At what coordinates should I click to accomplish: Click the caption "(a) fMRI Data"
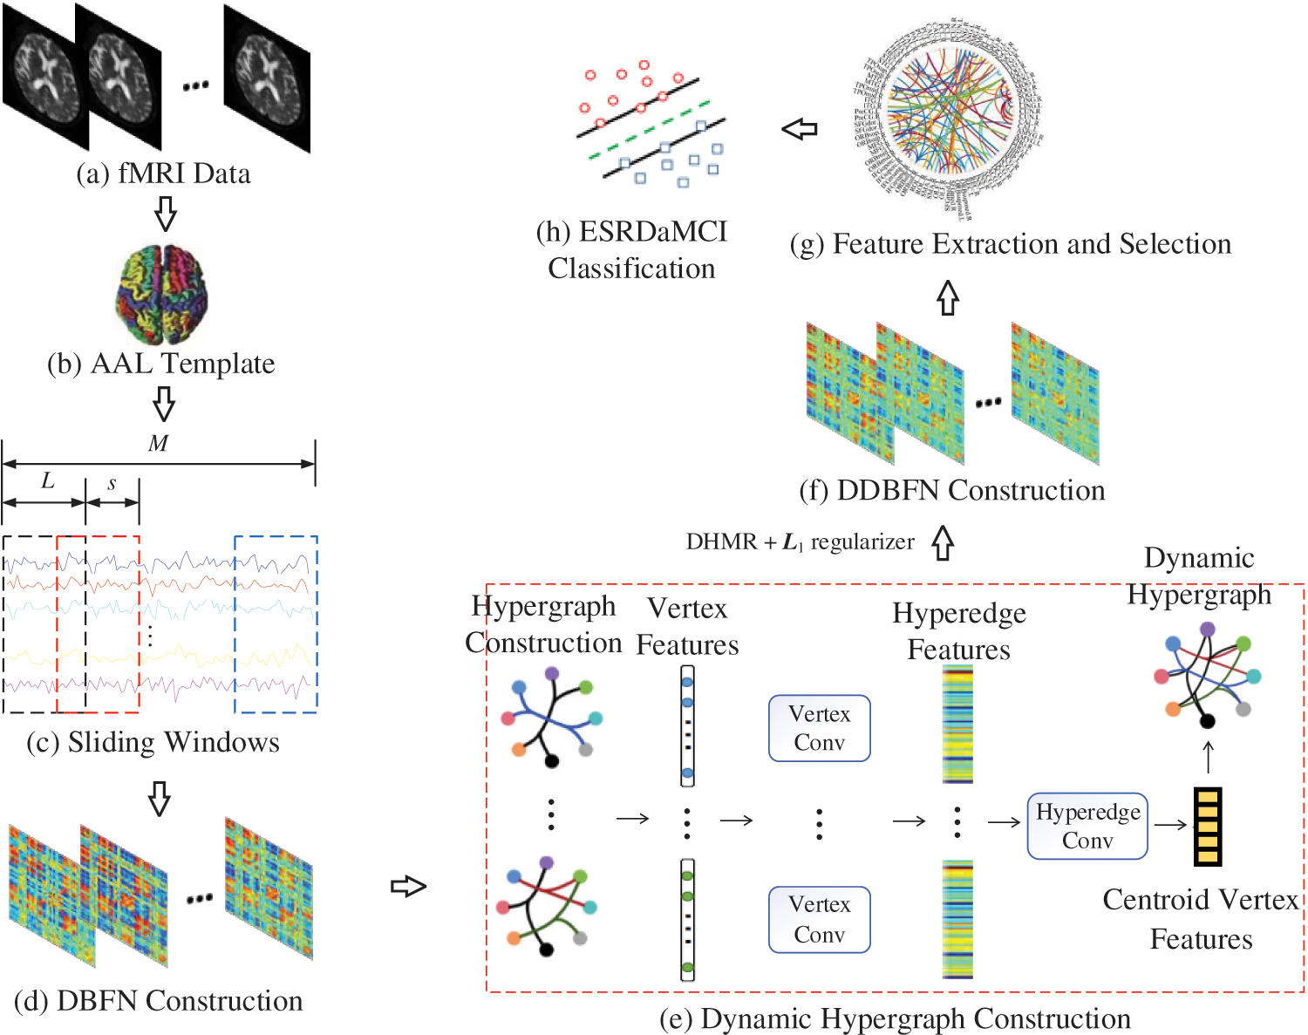coord(163,174)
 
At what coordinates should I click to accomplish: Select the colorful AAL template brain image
coord(162,295)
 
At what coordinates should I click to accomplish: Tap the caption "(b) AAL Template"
coord(161,364)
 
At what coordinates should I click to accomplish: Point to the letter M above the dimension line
coord(158,444)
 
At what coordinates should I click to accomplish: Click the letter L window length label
coord(48,480)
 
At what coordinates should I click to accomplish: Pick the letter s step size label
coord(112,483)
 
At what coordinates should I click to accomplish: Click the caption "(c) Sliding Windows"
coord(153,742)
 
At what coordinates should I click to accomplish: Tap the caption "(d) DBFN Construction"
coord(159,1000)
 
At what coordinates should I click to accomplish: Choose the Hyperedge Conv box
coord(1087,826)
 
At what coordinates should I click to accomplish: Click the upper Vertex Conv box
coord(819,728)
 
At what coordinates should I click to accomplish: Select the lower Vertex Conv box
coord(819,920)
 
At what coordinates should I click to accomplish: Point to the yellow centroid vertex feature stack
coord(1207,826)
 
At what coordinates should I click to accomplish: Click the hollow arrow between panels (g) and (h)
coord(800,130)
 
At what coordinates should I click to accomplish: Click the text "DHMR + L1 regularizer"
coord(800,542)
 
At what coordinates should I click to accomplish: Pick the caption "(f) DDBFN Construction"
coord(952,490)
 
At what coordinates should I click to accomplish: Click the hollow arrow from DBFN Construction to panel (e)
coord(408,887)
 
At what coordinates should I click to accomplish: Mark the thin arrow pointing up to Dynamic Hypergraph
coord(1208,757)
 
